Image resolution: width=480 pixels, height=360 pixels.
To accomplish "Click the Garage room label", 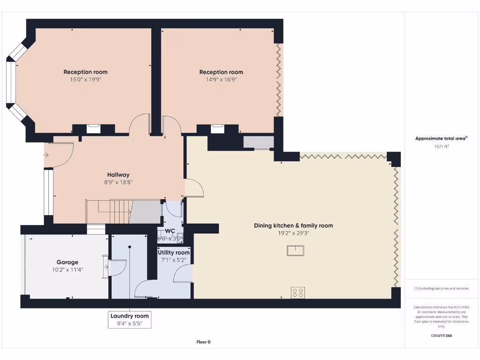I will [67, 262].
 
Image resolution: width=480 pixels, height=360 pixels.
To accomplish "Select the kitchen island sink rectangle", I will [296, 251].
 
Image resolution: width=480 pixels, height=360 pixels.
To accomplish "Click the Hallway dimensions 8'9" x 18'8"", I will [118, 182].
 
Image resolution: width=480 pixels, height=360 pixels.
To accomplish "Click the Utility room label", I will [173, 253].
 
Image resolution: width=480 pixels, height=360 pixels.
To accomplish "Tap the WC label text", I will [170, 231].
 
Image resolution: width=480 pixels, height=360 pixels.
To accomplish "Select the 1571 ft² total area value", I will [442, 146].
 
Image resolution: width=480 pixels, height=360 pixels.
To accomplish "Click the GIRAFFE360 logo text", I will [442, 336].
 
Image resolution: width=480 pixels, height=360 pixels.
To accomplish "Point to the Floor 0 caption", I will [203, 342].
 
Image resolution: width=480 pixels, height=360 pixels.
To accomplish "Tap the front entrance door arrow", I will [47, 155].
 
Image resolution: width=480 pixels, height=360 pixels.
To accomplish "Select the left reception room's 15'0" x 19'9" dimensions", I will [85, 80].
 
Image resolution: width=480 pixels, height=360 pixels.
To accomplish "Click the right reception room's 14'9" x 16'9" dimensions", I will [221, 80].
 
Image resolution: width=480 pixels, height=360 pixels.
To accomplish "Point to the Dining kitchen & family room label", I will [293, 225].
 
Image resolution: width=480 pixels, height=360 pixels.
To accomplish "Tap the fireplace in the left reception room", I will [93, 128].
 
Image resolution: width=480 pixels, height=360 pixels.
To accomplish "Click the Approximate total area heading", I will [442, 138].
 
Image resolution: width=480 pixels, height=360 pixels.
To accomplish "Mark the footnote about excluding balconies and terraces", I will [442, 288].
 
